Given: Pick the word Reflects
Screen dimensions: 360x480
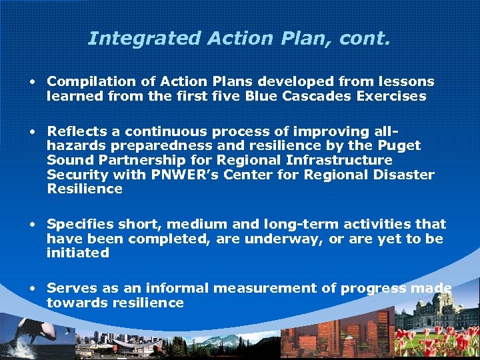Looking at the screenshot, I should [x=75, y=131].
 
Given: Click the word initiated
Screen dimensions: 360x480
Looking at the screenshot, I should [x=78, y=253].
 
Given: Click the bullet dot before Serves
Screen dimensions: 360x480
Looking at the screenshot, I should [x=32, y=289].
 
